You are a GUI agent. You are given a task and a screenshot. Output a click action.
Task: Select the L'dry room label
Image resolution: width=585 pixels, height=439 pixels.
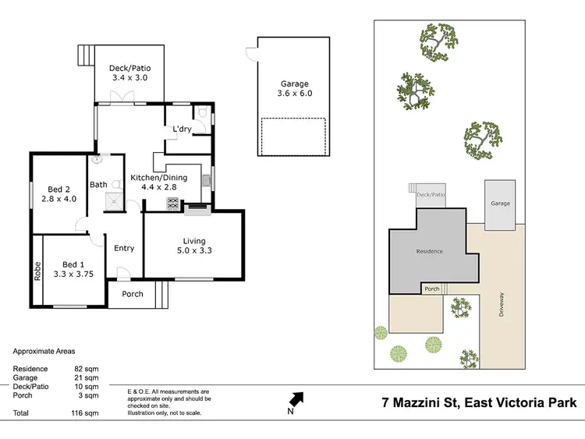coord(182,129)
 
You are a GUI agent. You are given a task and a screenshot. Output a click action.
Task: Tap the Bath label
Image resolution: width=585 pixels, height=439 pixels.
coord(98,185)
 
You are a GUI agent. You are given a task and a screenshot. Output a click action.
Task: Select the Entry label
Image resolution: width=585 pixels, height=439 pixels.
coord(124,249)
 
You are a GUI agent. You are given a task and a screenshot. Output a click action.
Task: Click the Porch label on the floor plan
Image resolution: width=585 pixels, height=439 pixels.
coord(133,294)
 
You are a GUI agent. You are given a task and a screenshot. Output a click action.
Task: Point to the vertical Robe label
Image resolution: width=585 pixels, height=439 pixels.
coord(37,270)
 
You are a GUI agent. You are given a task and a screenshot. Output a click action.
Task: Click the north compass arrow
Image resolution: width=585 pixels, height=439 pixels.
coord(297,400)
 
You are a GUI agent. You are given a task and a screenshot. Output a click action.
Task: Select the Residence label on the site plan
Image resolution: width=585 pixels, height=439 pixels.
coord(429,251)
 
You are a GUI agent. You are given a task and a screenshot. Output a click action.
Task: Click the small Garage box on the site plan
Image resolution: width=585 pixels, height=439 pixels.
coord(500,204)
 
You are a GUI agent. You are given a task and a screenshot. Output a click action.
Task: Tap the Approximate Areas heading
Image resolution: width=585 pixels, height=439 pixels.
coord(44,352)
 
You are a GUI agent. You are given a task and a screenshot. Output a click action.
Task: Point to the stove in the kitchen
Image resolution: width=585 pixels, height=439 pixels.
coord(172,203)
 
